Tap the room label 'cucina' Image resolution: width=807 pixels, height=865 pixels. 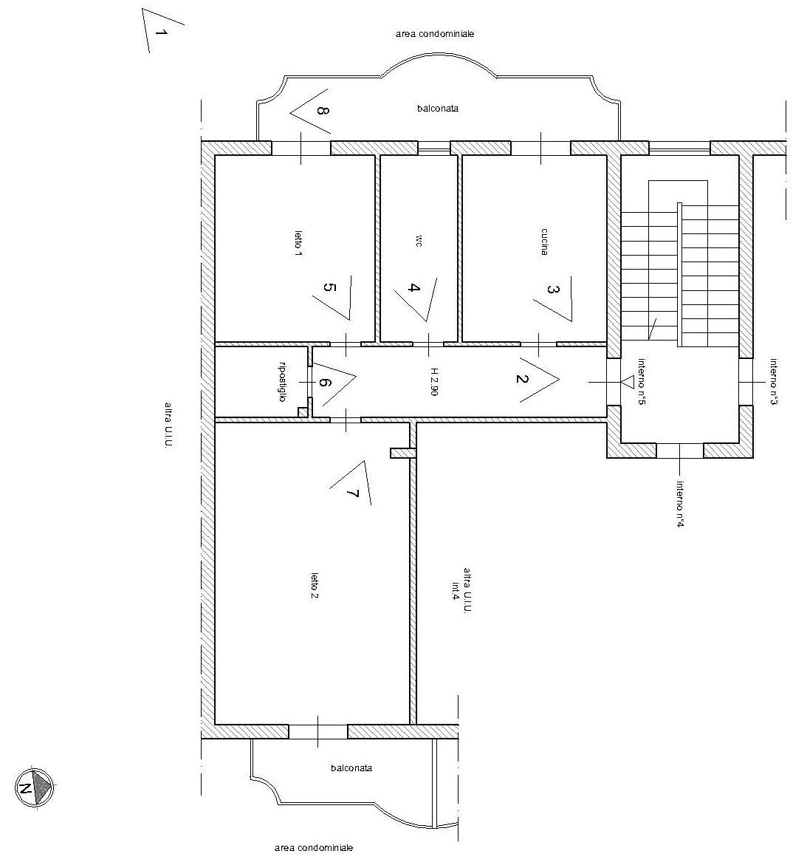(544, 242)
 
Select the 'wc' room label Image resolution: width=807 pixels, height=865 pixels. (419, 241)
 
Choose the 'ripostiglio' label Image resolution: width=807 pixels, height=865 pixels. (282, 381)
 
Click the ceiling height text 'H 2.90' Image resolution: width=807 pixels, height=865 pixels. (434, 383)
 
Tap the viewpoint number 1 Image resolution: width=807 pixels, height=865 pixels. (160, 33)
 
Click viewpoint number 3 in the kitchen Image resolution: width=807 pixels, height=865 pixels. (552, 289)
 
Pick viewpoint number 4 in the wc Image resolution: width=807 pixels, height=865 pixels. (414, 287)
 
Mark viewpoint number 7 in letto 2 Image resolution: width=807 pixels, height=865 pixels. (353, 493)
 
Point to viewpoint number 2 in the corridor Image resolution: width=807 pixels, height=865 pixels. (521, 378)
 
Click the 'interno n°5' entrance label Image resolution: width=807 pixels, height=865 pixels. (642, 381)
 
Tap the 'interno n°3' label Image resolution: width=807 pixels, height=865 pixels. (774, 383)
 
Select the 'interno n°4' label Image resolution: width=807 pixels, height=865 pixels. (680, 505)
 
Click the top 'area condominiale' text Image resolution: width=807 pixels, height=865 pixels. (435, 34)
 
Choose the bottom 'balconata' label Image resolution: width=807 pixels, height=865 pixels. (351, 767)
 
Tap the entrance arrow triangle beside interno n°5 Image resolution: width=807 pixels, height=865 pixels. (627, 381)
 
